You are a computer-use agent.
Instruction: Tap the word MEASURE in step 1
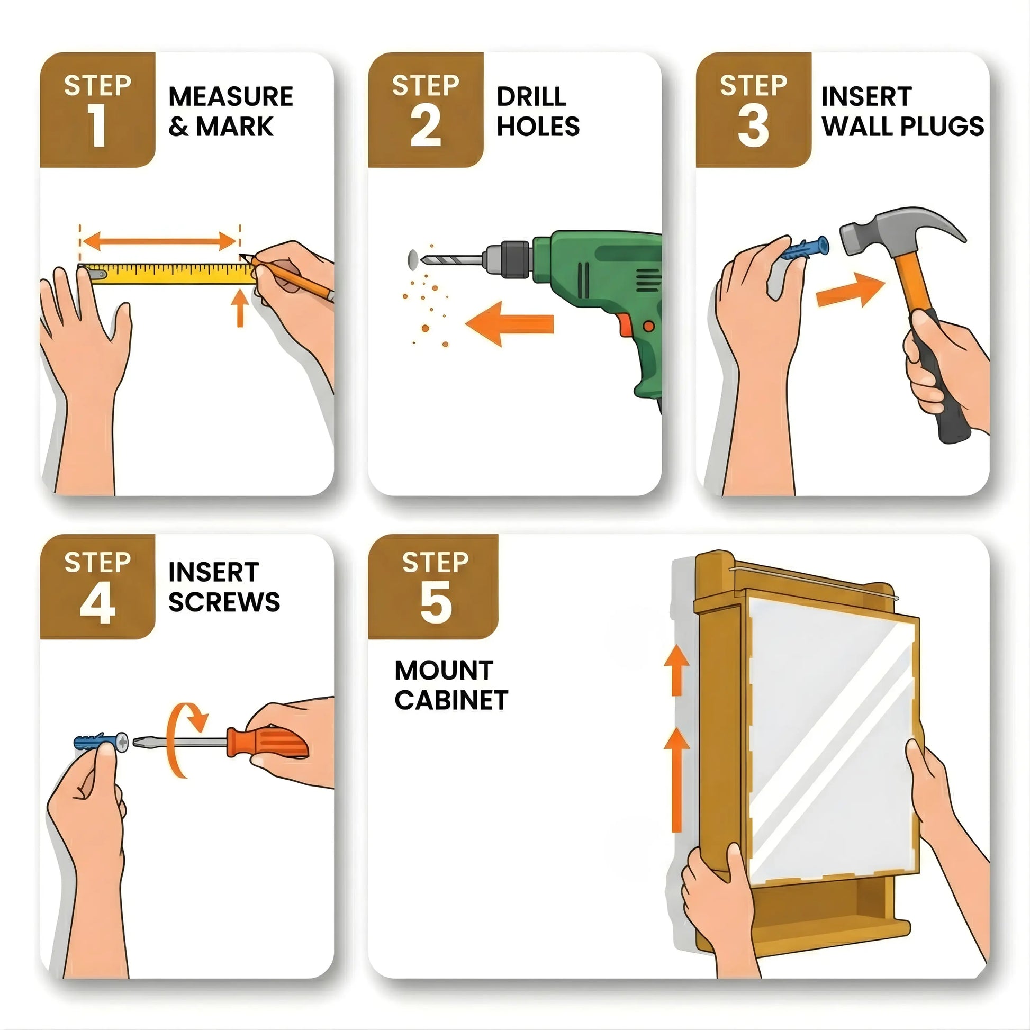230,97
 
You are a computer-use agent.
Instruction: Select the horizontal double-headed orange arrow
159,241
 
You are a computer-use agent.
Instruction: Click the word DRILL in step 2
531,97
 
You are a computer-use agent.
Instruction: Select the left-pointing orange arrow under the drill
509,323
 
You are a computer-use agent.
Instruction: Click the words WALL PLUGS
902,127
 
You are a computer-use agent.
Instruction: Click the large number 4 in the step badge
97,603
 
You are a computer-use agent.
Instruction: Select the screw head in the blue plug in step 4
122,742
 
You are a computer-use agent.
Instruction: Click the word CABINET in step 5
451,700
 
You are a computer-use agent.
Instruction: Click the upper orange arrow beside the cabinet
676,670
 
